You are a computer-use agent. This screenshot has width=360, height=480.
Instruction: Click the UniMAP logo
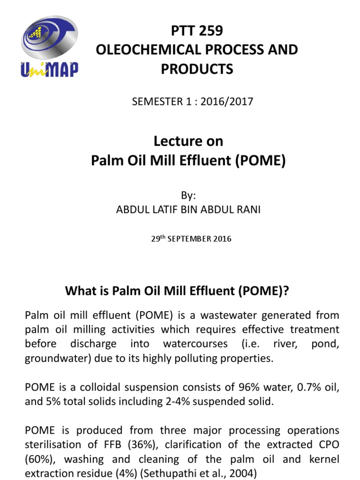pyautogui.click(x=49, y=47)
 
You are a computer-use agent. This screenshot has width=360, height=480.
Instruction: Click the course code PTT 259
pyautogui.click(x=196, y=31)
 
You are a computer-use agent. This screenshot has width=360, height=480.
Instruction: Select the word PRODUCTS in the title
pyautogui.click(x=197, y=69)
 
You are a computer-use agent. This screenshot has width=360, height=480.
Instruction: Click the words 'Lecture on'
pyautogui.click(x=188, y=141)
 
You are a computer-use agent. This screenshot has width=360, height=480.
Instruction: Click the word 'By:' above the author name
pyautogui.click(x=188, y=196)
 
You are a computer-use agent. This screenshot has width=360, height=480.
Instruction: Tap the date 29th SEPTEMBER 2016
pyautogui.click(x=191, y=239)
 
